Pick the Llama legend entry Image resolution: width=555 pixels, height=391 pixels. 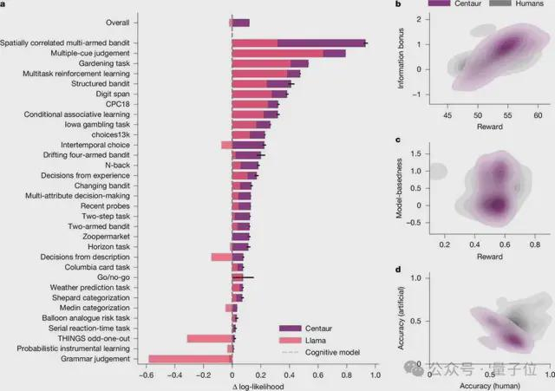coord(316,341)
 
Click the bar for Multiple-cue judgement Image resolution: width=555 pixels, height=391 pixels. coord(291,53)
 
